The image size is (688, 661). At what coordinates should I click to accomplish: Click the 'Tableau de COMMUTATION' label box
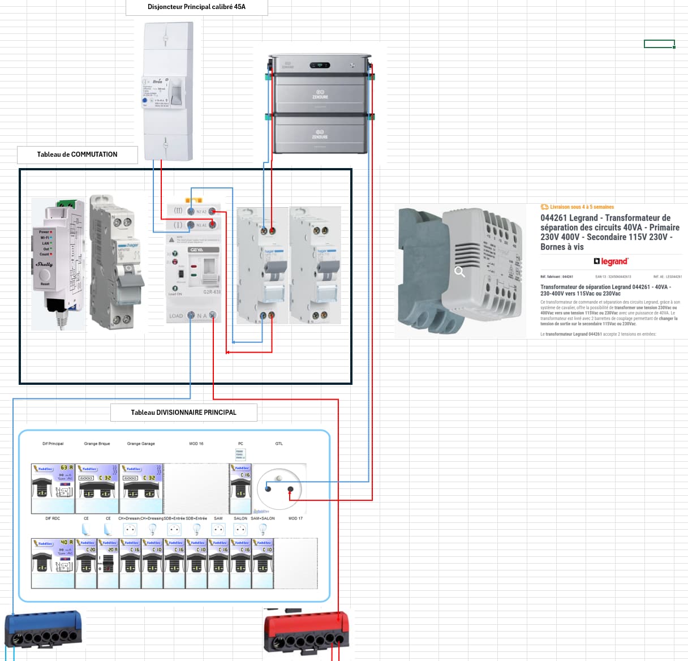point(78,154)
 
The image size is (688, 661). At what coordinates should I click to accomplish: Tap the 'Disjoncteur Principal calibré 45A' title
point(196,7)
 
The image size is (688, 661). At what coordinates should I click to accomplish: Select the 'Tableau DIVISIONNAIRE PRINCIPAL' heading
point(183,413)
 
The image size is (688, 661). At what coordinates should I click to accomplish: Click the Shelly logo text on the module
point(44,264)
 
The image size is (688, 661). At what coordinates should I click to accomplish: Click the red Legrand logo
point(611,261)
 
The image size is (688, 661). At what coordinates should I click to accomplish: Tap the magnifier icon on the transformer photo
point(460,272)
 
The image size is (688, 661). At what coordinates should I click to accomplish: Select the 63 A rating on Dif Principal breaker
point(67,468)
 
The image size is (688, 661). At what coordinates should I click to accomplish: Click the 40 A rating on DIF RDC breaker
point(67,543)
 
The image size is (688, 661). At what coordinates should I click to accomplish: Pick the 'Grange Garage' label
point(141,444)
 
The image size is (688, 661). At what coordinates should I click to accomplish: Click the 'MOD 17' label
point(295,518)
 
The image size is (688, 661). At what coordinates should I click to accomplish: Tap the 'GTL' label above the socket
point(279,444)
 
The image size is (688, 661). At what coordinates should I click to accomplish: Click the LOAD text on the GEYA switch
point(176,316)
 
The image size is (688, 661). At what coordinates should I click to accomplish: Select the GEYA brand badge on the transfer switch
point(196,250)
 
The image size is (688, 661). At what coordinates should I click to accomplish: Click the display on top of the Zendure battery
point(320,65)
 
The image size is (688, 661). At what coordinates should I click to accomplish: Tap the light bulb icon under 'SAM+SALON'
point(263,529)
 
